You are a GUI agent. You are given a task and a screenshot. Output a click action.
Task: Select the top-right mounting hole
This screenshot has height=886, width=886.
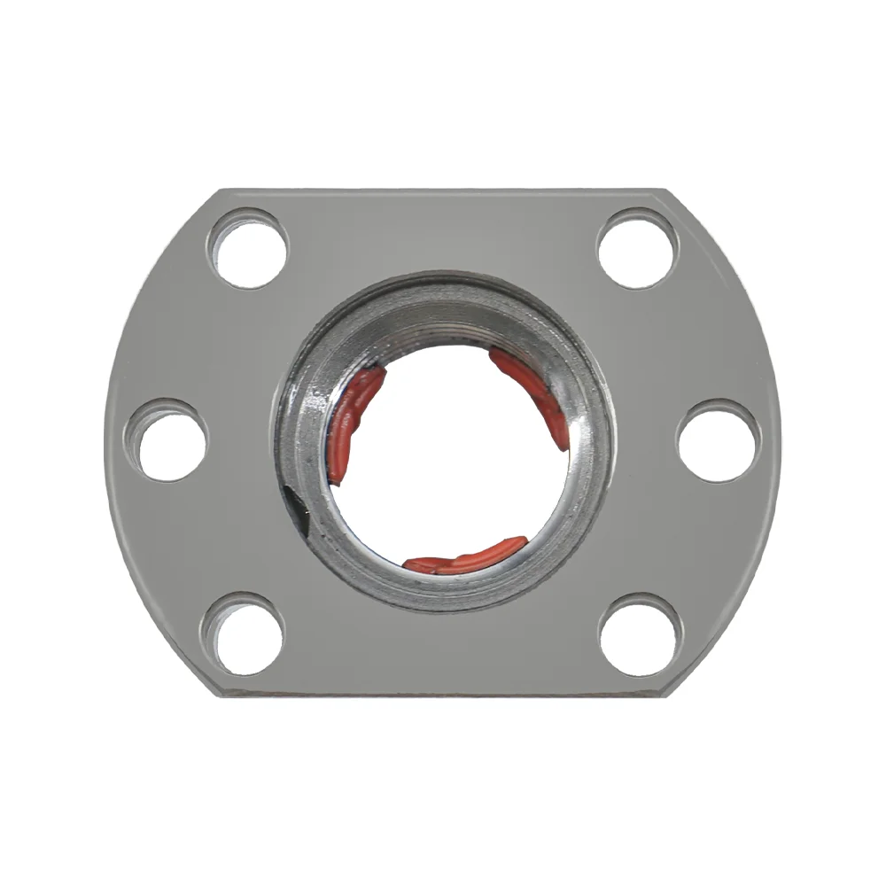point(637,248)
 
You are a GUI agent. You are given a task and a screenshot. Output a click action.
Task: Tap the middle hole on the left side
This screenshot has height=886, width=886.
point(172,440)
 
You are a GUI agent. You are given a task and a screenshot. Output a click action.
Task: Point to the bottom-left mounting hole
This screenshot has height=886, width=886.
point(245,634)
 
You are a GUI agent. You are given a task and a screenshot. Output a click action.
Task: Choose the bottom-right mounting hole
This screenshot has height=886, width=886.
point(639,634)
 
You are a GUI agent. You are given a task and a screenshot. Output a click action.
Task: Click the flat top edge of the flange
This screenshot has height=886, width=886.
point(443,190)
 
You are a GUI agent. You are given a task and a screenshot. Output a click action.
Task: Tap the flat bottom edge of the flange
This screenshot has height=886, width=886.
point(443,692)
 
